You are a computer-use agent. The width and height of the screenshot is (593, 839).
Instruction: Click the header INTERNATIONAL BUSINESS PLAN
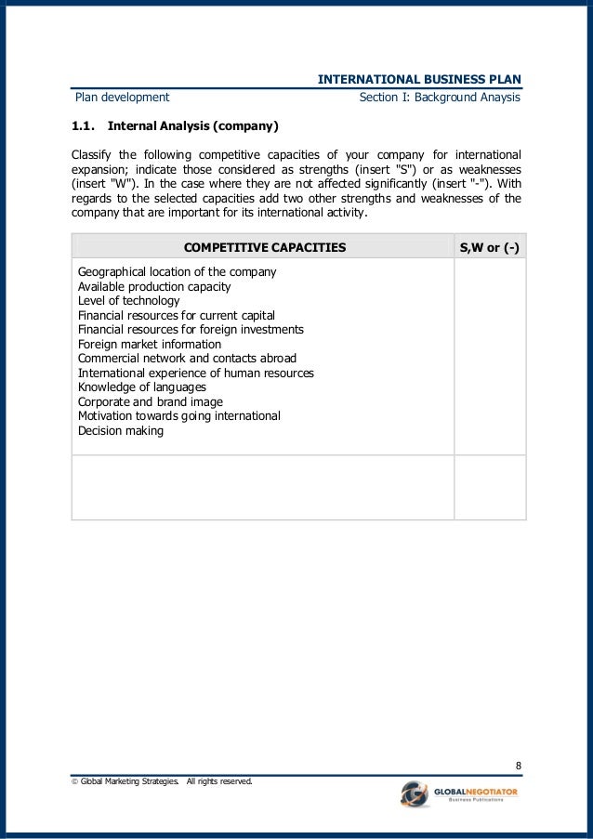419,79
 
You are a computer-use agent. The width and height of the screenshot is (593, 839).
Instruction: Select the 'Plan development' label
123,97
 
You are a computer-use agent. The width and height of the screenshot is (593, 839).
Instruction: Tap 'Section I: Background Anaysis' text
439,97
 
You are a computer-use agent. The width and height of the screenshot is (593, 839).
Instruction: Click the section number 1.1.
86,125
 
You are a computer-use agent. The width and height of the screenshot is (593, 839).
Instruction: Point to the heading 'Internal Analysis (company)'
193,125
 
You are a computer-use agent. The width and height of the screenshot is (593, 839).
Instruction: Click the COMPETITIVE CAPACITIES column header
265,247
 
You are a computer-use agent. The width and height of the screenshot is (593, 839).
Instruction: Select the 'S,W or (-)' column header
490,247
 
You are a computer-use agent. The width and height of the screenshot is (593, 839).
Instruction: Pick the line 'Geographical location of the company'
177,272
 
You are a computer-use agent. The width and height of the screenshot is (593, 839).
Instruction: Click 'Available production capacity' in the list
154,287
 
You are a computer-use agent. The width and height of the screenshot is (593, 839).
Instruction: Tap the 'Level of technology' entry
128,301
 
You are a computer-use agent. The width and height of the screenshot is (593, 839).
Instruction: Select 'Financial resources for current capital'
177,316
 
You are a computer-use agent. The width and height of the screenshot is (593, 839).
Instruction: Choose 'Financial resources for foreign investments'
191,330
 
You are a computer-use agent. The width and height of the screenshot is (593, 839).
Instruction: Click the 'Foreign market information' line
149,345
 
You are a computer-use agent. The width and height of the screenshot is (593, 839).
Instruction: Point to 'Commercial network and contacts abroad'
187,359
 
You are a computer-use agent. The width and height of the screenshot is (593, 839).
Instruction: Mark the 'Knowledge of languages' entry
142,387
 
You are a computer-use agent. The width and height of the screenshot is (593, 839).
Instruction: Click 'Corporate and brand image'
151,402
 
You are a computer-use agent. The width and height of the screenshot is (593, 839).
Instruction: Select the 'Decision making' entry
121,431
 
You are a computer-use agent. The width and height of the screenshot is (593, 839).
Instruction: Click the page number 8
518,766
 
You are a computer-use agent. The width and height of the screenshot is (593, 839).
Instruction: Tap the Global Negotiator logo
459,795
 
